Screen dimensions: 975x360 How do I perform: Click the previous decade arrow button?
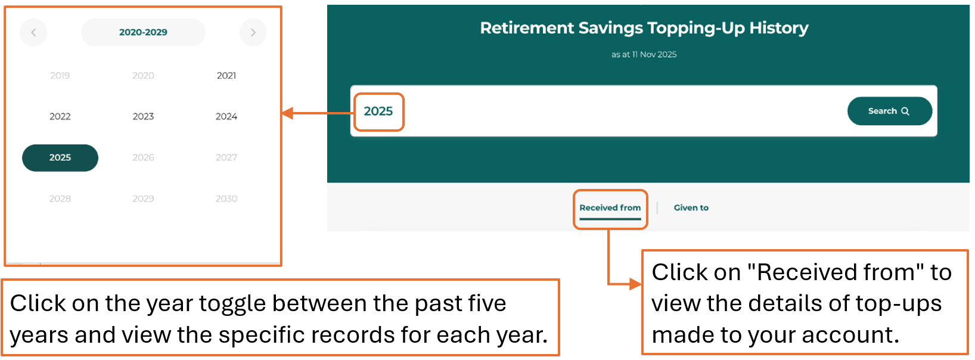click(x=33, y=33)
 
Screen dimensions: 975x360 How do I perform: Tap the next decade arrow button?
click(x=253, y=33)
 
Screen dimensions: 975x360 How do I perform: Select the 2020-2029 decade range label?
click(x=143, y=32)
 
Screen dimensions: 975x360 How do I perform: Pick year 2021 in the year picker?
click(x=226, y=76)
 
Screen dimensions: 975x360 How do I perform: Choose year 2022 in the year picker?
click(x=60, y=117)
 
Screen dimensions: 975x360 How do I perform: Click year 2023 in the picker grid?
click(x=143, y=117)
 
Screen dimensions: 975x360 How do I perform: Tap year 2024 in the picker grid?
click(x=226, y=117)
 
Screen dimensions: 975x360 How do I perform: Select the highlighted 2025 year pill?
click(x=60, y=157)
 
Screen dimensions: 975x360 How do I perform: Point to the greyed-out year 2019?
click(x=60, y=76)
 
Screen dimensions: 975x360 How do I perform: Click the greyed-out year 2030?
click(x=226, y=199)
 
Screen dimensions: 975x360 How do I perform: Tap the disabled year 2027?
click(x=226, y=157)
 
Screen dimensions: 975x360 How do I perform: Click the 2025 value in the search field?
click(x=378, y=111)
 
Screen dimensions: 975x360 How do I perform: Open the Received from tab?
click(x=610, y=208)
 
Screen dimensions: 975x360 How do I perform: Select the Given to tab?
click(x=691, y=208)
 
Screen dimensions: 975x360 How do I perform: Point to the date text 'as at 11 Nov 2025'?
click(x=644, y=54)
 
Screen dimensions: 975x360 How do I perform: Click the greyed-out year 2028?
click(x=60, y=199)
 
